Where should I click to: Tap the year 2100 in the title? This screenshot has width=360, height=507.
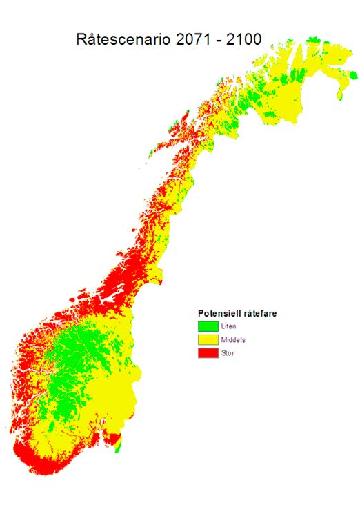pos(241,39)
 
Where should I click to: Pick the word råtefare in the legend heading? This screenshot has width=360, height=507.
pos(257,314)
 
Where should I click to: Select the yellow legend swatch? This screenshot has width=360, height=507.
pos(208,340)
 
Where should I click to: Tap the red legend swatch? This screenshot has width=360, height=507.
pos(208,353)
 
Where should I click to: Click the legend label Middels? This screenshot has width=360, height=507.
pos(233,340)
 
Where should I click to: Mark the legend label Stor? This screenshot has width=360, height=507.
pos(228,353)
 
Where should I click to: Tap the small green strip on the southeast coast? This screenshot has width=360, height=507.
pos(117,447)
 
